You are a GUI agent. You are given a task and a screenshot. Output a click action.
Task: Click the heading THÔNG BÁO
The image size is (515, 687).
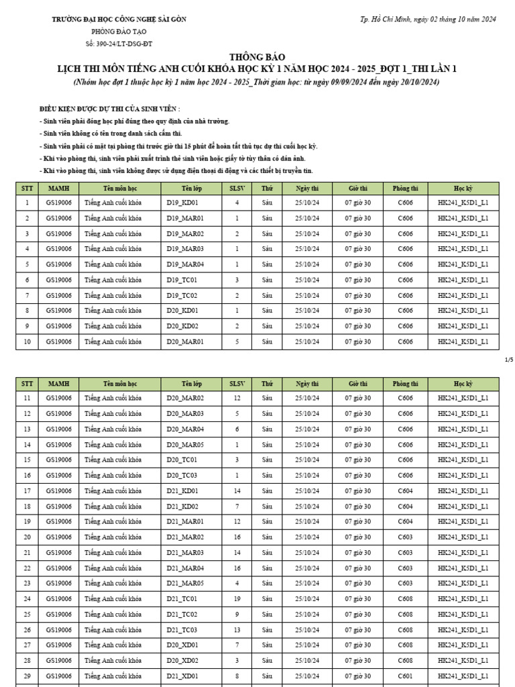coord(257,58)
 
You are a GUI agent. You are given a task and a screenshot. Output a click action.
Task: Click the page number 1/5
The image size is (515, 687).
coord(508,360)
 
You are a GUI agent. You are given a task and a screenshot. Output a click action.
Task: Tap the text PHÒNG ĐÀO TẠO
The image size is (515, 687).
coord(119,32)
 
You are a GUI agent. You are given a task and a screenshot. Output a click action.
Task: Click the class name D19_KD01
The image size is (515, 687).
coord(182,203)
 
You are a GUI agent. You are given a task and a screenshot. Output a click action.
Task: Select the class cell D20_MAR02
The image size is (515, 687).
coord(185,399)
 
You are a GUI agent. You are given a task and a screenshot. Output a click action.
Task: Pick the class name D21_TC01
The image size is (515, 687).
coord(182,598)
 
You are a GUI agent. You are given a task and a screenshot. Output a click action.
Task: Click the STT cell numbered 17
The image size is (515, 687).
coord(27,491)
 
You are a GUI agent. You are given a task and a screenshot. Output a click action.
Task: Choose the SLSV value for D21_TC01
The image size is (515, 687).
coord(237,598)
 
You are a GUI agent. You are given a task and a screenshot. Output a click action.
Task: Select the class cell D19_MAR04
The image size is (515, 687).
coord(185,264)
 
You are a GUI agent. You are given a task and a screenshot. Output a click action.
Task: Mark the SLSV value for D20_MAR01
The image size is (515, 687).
coord(237,341)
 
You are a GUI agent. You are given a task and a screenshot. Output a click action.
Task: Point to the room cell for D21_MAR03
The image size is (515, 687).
coord(405,553)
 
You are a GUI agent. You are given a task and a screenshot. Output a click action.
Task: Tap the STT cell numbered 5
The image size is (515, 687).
coord(27,264)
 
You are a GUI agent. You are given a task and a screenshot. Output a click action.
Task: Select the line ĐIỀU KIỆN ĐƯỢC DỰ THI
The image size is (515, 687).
coord(109,109)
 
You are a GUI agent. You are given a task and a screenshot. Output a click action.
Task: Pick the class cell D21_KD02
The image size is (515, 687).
coord(182,507)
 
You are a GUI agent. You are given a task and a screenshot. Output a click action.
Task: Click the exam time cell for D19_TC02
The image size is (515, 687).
coord(357,295)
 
